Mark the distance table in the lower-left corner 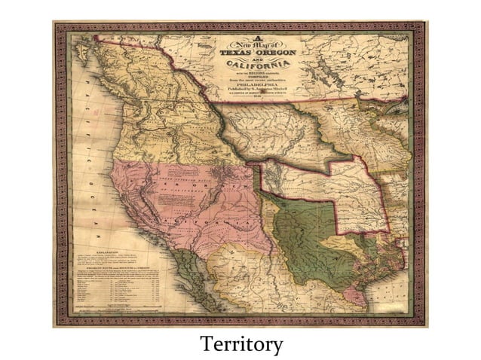point(113,291)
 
